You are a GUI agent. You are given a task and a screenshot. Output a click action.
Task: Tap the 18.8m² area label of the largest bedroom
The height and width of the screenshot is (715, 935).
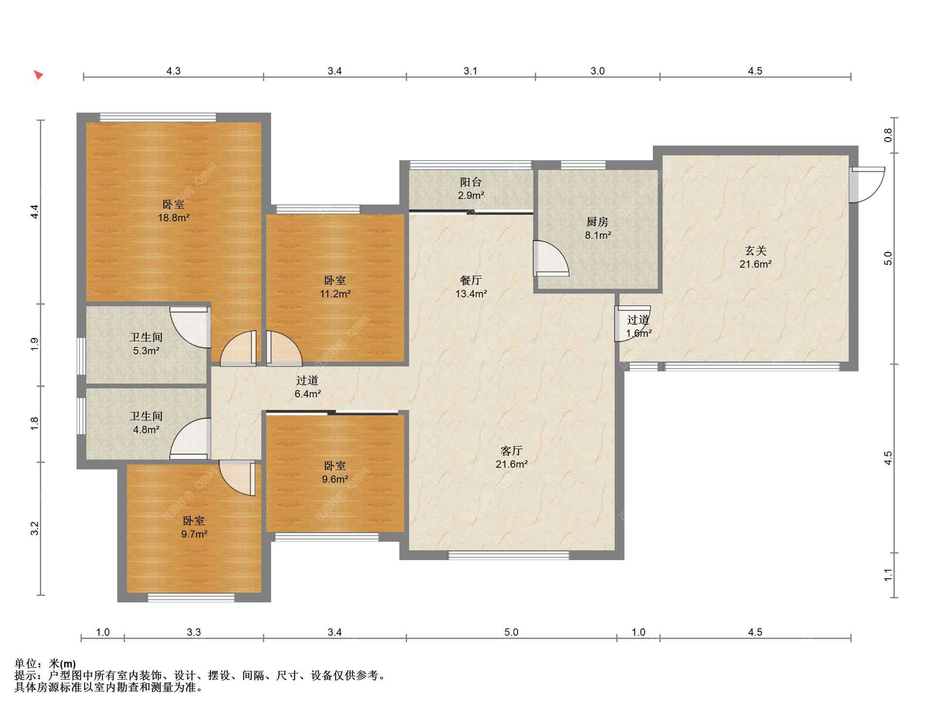173,218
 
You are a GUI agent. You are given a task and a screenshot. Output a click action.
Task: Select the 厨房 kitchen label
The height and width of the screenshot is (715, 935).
598,222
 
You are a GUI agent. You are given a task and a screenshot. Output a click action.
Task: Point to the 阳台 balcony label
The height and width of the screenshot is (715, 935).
471,182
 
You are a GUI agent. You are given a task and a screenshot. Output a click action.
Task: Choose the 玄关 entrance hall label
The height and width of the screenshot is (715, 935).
756,251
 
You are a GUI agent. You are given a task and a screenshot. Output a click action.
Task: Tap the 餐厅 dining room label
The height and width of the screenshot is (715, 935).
471,280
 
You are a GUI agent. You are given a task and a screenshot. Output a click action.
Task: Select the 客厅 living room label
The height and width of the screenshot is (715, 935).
511,451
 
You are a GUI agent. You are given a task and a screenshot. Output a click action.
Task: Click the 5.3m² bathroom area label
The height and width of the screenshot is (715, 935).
146,351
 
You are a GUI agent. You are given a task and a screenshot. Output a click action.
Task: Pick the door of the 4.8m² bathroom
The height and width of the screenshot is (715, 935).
190,439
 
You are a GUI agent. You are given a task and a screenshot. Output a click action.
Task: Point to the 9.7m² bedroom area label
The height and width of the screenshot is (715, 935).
194,534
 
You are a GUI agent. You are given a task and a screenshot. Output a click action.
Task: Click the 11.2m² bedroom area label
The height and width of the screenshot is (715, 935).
335,294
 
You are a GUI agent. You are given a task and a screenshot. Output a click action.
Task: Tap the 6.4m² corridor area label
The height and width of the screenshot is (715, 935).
307,394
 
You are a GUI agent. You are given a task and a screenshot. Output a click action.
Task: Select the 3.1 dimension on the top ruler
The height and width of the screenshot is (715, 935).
470,71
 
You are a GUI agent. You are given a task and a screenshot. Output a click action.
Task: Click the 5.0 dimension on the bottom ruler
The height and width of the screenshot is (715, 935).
511,632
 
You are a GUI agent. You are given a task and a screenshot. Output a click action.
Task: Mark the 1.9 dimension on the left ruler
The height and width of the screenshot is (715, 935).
35,345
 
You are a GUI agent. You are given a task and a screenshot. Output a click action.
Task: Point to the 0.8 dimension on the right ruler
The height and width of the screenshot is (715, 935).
888,135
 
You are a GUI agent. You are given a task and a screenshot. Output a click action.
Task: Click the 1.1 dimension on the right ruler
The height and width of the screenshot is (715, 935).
888,575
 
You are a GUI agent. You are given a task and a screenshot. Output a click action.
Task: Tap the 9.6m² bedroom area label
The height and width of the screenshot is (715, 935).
335,479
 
